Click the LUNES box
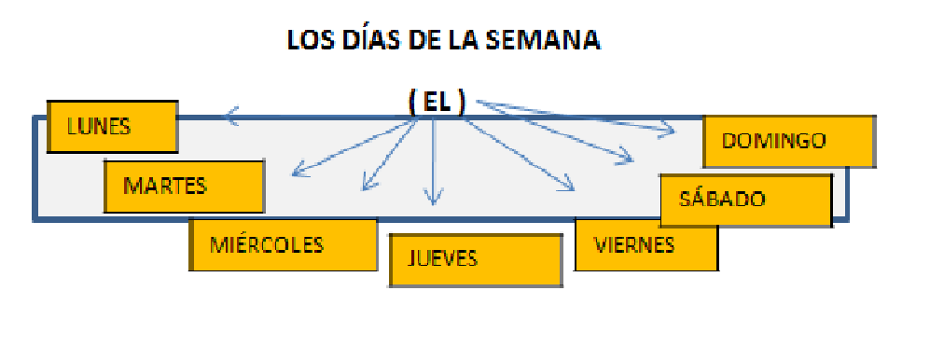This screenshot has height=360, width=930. [x=112, y=127]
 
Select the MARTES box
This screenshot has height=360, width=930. [x=184, y=186]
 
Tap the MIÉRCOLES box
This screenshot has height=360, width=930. [x=283, y=244]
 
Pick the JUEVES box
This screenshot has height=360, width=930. [x=476, y=259]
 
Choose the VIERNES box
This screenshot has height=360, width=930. [x=645, y=244]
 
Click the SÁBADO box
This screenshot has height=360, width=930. [x=745, y=200]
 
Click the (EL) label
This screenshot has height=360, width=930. [x=437, y=103]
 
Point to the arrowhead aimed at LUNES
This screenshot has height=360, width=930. [x=231, y=117]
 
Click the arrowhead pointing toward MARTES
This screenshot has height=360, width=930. [x=297, y=171]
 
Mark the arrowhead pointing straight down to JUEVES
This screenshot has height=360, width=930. [x=431, y=197]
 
